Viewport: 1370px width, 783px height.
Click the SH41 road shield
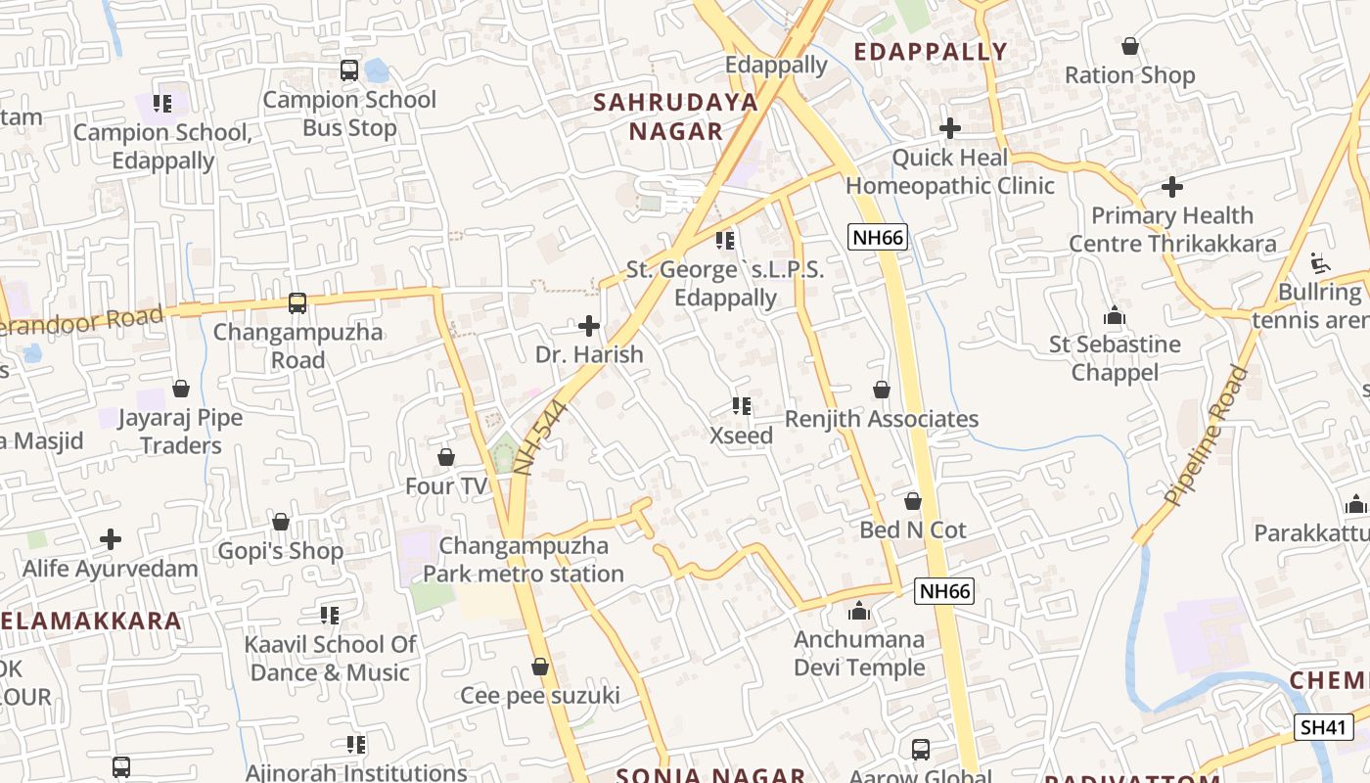click(x=1324, y=727)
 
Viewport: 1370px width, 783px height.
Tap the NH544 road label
click(x=539, y=438)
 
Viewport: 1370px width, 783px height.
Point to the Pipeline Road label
click(x=1207, y=436)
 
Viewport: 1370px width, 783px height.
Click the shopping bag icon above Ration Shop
click(x=1130, y=46)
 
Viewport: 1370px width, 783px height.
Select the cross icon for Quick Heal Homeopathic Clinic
click(x=949, y=128)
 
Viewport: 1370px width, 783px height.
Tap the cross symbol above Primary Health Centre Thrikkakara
click(x=1172, y=186)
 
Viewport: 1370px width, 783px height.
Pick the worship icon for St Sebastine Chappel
click(x=1115, y=315)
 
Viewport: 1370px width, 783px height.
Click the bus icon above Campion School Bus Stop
click(x=349, y=70)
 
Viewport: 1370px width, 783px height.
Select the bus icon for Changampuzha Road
click(x=297, y=303)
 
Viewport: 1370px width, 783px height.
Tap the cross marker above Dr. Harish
click(x=589, y=326)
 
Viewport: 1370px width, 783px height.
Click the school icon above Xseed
click(x=741, y=406)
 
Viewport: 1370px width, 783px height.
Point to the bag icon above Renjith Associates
click(x=882, y=390)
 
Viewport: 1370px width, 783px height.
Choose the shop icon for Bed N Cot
click(x=913, y=501)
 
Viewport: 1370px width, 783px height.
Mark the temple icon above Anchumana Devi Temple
click(x=859, y=612)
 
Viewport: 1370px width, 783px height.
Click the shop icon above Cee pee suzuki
click(x=539, y=667)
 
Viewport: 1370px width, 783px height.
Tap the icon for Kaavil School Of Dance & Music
click(x=330, y=616)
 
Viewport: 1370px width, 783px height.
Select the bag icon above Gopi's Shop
click(x=281, y=522)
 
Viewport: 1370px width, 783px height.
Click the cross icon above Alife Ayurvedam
click(x=111, y=539)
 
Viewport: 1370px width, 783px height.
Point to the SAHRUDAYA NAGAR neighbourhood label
click(x=676, y=116)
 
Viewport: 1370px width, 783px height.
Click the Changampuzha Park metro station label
click(x=524, y=560)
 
